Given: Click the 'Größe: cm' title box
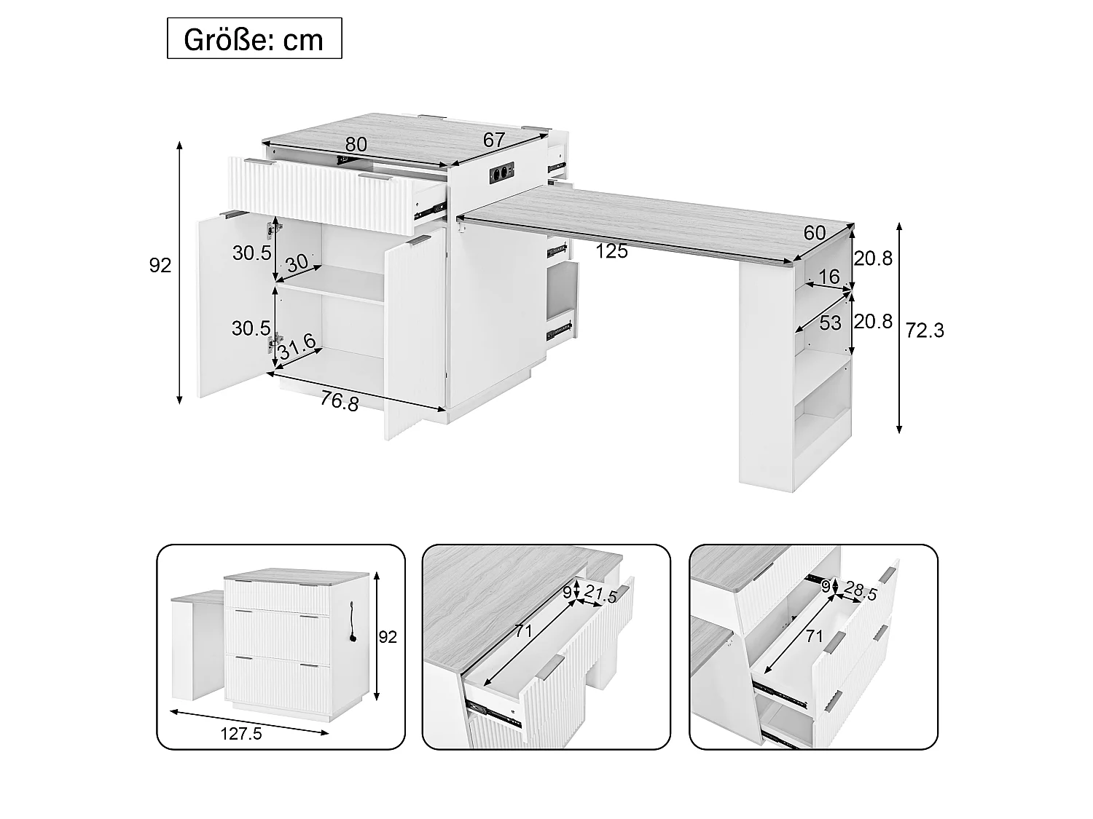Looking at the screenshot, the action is (x=254, y=39).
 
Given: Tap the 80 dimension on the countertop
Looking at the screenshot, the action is (x=356, y=145).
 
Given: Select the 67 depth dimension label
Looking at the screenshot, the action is (x=494, y=141).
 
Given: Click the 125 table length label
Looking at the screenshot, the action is (x=611, y=252).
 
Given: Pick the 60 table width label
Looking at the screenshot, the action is (x=815, y=233).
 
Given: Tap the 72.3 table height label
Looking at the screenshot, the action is (x=924, y=331).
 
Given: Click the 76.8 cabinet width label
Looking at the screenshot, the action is (x=340, y=401).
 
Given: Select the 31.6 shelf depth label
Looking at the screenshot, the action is (x=297, y=347).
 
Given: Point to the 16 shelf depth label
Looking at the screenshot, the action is (x=828, y=277).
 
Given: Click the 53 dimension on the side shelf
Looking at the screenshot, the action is (x=830, y=323).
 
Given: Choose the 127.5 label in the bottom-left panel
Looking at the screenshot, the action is (x=241, y=734).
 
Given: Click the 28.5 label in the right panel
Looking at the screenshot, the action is (x=861, y=591).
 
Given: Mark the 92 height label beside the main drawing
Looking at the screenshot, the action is (x=160, y=266).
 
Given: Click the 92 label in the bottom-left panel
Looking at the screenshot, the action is (x=388, y=637).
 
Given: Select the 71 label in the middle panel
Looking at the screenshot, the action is (x=523, y=631).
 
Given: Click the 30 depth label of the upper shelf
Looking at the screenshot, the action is (x=297, y=263).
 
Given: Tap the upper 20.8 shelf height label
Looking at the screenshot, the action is (x=874, y=258).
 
